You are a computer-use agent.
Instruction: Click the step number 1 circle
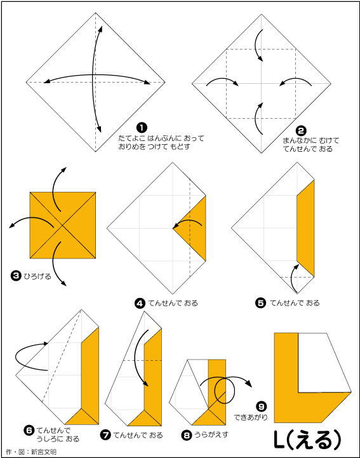tap(142, 127)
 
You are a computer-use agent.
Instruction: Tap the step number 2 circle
tap(301, 131)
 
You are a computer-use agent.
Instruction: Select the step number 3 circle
tap(16, 276)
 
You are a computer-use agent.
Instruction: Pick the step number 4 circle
tap(140, 303)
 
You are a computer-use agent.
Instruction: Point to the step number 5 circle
tap(260, 303)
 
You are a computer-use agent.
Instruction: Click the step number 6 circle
tap(29, 430)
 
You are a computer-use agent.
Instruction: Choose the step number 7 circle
tap(105, 435)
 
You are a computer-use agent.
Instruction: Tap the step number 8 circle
tap(186, 435)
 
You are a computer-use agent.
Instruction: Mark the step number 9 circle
tap(262, 407)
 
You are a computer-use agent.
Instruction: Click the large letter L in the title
tap(280, 440)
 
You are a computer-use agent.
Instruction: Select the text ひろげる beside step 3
tap(37, 276)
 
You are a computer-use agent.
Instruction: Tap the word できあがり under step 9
tap(251, 417)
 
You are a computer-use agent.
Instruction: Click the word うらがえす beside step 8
tap(211, 434)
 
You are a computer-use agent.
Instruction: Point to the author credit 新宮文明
tap(44, 452)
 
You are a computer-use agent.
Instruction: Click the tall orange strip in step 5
tap(305, 228)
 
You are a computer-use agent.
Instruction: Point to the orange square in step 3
tap(63, 226)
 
